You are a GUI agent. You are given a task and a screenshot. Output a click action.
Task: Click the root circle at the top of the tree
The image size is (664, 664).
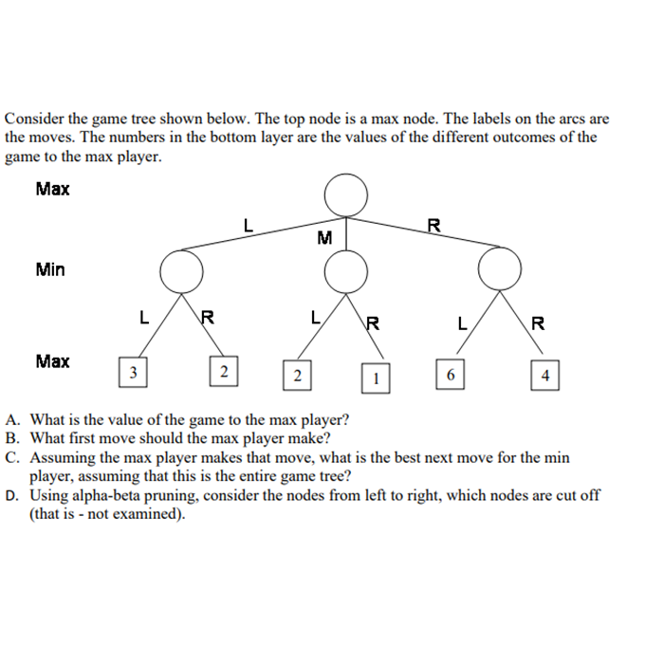[345, 196]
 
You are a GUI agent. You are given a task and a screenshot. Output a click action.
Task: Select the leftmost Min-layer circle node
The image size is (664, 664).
[181, 271]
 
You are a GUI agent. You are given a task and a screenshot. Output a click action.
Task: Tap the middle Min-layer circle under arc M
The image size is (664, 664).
[345, 272]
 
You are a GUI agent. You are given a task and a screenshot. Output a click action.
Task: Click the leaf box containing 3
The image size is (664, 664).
[134, 371]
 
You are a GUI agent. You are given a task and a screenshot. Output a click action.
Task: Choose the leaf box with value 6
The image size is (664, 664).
[451, 374]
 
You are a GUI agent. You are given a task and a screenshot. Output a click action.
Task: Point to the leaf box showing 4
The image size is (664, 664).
[545, 376]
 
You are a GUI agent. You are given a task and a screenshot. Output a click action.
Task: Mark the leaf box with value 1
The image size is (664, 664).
[376, 378]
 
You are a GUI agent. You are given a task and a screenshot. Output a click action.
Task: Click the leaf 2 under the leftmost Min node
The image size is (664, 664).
[223, 372]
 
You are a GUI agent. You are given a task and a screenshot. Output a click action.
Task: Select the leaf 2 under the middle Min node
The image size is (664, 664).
[298, 376]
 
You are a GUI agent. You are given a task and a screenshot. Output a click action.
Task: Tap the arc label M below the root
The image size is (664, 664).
[324, 238]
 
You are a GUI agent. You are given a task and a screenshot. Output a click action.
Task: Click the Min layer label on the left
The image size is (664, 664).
[50, 269]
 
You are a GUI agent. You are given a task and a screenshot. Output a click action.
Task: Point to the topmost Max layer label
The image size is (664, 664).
[52, 189]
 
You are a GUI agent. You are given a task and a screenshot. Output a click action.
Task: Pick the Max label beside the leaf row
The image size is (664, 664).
[52, 360]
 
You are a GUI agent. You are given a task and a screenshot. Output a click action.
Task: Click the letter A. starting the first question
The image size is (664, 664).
[12, 418]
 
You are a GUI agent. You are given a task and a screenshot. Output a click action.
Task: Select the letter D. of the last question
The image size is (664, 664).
[12, 495]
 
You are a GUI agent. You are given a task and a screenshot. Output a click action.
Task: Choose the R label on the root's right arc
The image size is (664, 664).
[433, 226]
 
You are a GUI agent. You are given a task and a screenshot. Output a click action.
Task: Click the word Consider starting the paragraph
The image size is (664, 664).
[33, 120]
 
